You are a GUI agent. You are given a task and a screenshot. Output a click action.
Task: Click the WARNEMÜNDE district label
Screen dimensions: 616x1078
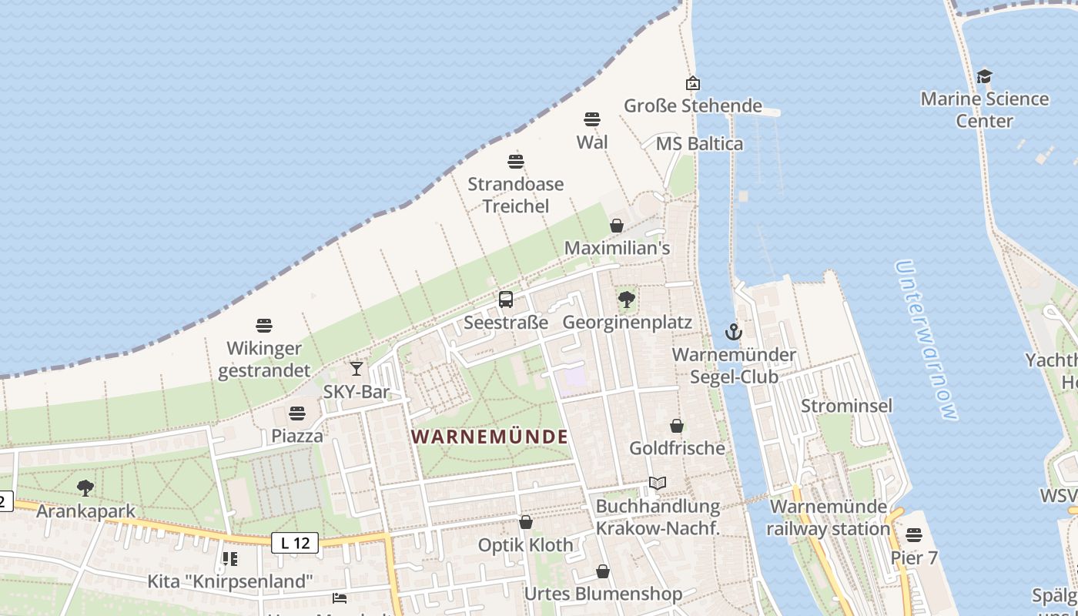coord(490,437)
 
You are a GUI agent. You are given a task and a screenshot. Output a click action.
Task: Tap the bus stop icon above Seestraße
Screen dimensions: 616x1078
coord(506,300)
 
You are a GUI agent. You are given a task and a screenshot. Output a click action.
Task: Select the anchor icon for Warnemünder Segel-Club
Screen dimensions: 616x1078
coord(734,333)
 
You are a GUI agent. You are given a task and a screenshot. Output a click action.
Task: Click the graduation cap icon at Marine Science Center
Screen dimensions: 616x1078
coord(984,76)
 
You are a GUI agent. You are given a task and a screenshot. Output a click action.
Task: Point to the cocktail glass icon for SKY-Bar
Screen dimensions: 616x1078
coord(356,369)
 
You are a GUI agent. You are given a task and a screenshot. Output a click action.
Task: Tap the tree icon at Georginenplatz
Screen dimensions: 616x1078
coord(627,300)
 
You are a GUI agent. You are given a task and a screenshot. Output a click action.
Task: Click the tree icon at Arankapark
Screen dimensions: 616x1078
coord(85,487)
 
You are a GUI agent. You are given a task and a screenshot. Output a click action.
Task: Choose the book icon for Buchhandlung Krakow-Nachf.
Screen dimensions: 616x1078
coord(657,484)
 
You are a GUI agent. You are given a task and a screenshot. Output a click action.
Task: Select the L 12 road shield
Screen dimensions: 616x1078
coord(295,544)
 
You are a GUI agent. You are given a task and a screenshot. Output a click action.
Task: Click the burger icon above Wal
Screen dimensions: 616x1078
coord(592,119)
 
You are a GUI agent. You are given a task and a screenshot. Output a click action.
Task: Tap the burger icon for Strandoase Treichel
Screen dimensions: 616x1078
coord(516,162)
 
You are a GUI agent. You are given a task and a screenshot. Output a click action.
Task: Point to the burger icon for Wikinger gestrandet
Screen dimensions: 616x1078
coord(264,326)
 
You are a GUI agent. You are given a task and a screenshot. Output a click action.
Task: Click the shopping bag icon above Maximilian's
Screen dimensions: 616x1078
coord(617,226)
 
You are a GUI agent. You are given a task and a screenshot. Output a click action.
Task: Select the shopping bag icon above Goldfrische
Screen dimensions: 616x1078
coord(677,426)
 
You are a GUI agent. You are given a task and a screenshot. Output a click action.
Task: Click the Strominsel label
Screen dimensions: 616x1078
coord(846,406)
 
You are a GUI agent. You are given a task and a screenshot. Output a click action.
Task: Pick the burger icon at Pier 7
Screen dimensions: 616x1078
coord(914,534)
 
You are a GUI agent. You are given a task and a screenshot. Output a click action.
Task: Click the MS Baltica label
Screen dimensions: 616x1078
coord(699,144)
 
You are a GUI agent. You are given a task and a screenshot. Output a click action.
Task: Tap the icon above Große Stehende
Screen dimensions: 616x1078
coord(693,83)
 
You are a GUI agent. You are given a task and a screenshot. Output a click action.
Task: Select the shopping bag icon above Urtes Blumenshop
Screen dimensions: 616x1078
coord(603,571)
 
